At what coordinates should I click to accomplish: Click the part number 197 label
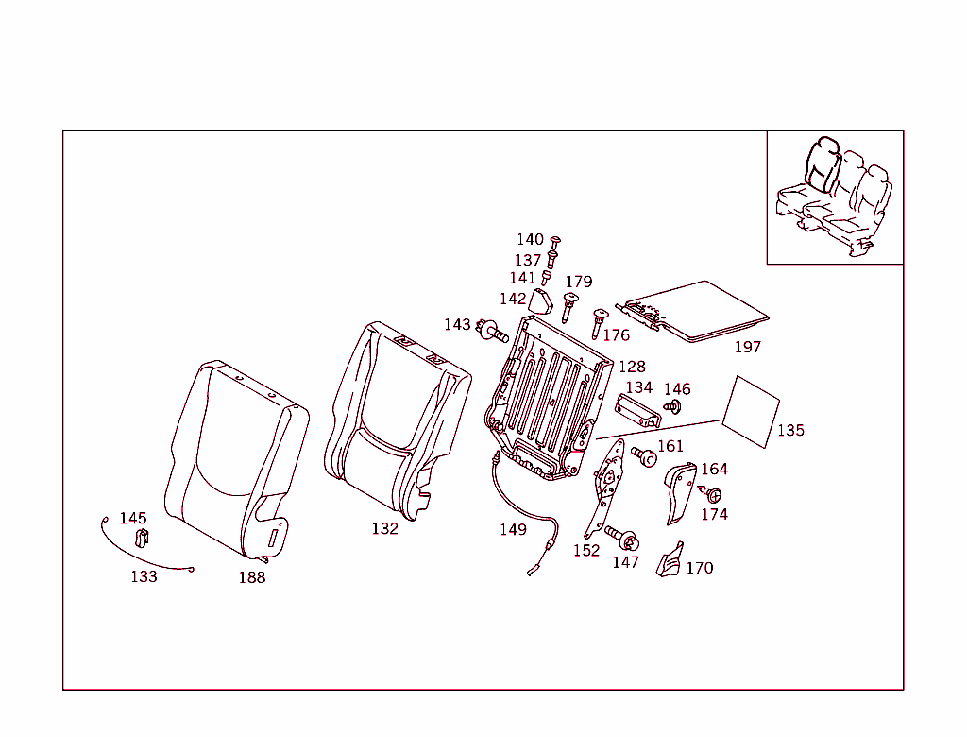(x=747, y=348)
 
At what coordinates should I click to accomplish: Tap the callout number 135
(x=790, y=431)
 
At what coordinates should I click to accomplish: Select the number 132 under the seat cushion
(x=384, y=529)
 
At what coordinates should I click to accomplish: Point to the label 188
(x=251, y=577)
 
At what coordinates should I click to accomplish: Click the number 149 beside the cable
(x=513, y=530)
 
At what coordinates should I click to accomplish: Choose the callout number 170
(x=699, y=569)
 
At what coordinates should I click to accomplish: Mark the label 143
(x=457, y=325)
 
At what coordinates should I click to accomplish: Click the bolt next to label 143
(x=493, y=332)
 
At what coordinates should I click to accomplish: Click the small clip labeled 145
(x=143, y=539)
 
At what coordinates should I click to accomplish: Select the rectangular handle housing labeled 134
(x=637, y=411)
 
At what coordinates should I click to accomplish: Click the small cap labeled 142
(x=539, y=300)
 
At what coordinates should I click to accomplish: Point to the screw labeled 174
(x=712, y=494)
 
